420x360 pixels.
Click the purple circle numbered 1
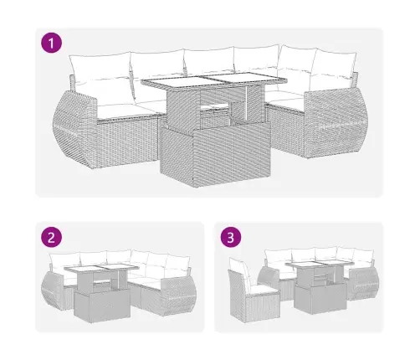click(x=51, y=43)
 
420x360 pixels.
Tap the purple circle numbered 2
click(x=51, y=238)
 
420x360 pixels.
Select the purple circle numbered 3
click(x=231, y=238)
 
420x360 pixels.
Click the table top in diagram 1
click(x=214, y=80)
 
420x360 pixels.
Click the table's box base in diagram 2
click(x=102, y=306)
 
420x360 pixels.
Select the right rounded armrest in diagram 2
click(x=179, y=296)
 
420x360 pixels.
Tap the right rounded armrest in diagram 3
click(x=364, y=282)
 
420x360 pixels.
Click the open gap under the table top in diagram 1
click(x=215, y=111)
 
